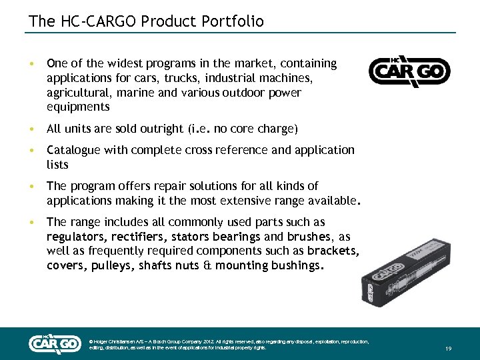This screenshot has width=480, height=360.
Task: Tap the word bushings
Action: pos(298,266)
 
